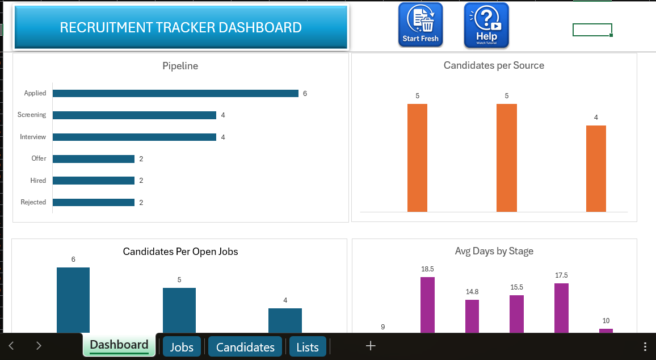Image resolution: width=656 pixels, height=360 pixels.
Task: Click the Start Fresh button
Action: (420, 24)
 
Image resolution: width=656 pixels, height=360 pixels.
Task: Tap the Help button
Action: (486, 24)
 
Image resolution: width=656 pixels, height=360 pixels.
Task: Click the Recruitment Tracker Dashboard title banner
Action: (180, 27)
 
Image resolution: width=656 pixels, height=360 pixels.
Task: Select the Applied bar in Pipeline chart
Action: (175, 94)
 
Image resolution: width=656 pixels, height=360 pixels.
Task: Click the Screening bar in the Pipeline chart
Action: (134, 115)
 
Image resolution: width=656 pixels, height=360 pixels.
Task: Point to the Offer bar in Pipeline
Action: (94, 159)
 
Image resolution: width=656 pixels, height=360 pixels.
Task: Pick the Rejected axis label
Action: (33, 202)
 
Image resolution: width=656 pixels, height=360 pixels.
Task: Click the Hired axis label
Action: (38, 181)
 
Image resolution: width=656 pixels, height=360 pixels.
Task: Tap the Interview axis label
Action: (33, 137)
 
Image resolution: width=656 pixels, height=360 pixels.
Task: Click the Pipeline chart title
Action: (180, 66)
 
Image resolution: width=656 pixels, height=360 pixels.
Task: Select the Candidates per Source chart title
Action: (494, 65)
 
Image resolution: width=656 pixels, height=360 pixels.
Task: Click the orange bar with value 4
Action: (596, 168)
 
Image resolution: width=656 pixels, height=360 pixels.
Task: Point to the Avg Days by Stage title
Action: (494, 251)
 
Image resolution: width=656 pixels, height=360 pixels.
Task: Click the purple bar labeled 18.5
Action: (427, 304)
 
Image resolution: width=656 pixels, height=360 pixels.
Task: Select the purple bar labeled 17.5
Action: (561, 307)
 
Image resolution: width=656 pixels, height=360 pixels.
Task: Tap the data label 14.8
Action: (472, 292)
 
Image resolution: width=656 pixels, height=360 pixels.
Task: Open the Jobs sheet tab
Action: (182, 347)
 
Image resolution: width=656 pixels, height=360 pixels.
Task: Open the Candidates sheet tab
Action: (245, 347)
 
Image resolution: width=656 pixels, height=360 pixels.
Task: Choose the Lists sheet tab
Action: (308, 347)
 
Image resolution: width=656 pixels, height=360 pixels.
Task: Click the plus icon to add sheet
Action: (371, 346)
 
